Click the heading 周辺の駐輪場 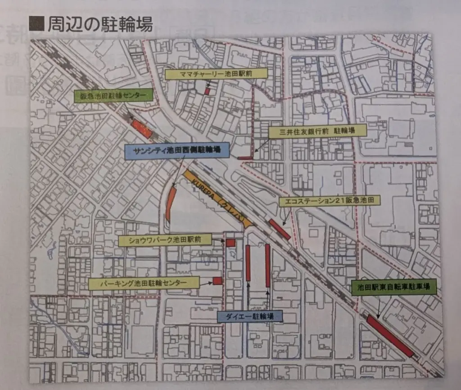[x=99, y=23]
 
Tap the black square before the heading [x=36, y=23]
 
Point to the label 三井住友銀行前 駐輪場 [x=318, y=131]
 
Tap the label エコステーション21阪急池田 [x=330, y=201]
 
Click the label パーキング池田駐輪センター [x=144, y=284]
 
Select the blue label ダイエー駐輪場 [x=249, y=316]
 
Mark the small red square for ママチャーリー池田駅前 [x=208, y=91]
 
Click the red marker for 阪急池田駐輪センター [x=141, y=129]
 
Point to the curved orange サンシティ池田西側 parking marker [x=171, y=204]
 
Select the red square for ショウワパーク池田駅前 [x=230, y=243]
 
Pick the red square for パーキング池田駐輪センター [x=217, y=281]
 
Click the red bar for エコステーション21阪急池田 [x=280, y=229]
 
